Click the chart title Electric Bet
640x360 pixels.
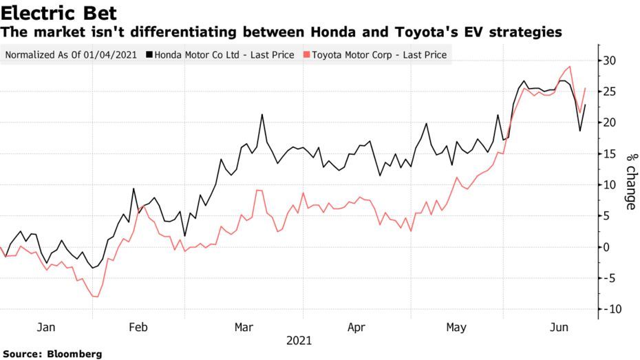tap(58, 12)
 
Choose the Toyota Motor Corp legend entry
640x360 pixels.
tap(379, 54)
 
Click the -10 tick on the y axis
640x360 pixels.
tap(608, 309)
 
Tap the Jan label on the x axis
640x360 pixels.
tap(45, 327)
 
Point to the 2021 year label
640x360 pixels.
tap(299, 341)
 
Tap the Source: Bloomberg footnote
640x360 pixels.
tap(52, 354)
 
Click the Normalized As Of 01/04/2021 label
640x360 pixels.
tap(71, 54)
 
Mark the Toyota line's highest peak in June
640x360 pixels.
tap(569, 67)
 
